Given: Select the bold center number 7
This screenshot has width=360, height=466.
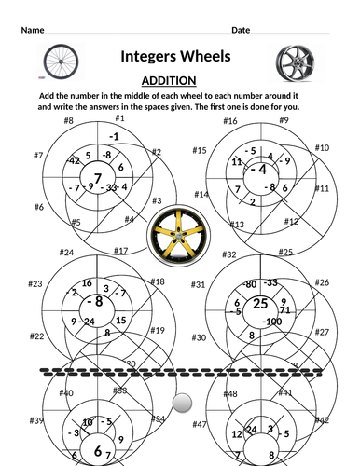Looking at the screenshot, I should click(96, 177).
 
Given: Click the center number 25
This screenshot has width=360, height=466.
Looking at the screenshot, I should click(260, 304).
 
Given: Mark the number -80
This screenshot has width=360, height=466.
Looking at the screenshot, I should click(249, 284).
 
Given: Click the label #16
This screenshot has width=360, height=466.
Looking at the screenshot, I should click(230, 121).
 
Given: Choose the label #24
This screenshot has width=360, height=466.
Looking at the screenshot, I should click(66, 253).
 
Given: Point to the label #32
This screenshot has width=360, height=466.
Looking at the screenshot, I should click(229, 254).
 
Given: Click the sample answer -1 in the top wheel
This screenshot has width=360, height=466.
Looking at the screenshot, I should click(114, 136).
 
